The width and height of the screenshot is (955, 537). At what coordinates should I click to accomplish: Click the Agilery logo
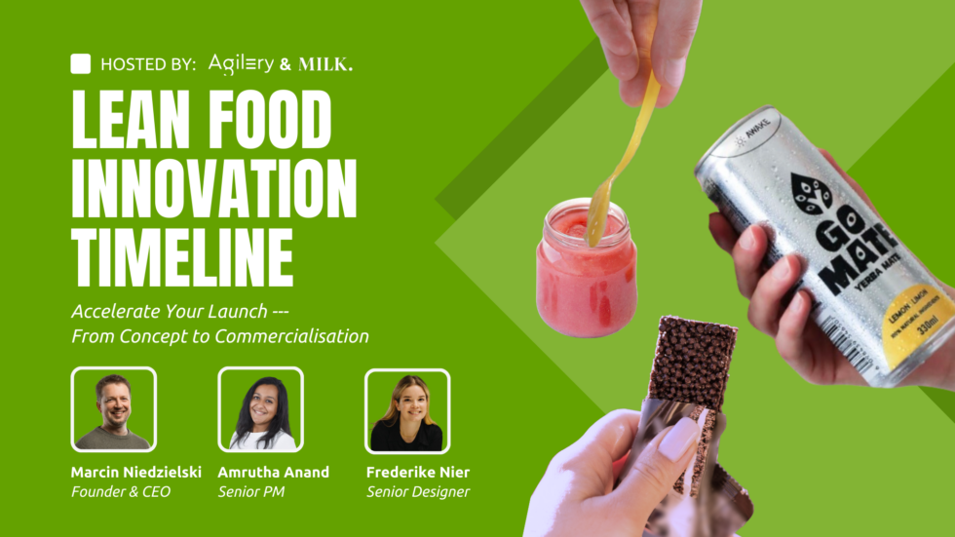coord(241,64)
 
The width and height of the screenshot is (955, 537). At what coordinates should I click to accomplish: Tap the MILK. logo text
coord(324,65)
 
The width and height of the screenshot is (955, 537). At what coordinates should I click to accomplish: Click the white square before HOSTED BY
coord(81,64)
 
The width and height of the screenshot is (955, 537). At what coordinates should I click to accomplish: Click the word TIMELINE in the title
coord(182,255)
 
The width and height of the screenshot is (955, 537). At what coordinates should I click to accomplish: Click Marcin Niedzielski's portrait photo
coord(113,410)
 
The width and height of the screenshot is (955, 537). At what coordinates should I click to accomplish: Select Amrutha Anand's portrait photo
coord(260,410)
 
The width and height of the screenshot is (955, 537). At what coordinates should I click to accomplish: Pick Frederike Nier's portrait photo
coord(406,410)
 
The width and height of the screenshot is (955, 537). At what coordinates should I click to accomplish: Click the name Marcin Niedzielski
coord(136,472)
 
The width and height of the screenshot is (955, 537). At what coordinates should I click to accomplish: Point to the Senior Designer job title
coord(418,492)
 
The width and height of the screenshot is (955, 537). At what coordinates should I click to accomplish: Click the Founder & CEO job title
coord(121,492)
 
